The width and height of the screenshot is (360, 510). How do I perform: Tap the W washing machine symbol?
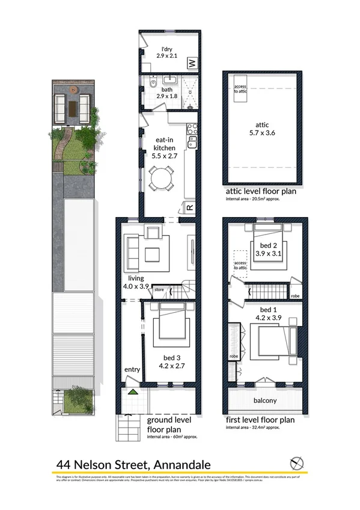pos(192,63)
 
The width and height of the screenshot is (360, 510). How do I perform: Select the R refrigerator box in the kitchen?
pos(189,208)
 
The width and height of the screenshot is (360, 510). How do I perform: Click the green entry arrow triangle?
pos(133,392)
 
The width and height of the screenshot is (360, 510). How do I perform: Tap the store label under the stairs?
pos(159,290)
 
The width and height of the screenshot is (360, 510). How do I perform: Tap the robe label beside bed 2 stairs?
pos(295,296)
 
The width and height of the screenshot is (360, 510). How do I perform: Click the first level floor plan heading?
pos(260,420)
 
